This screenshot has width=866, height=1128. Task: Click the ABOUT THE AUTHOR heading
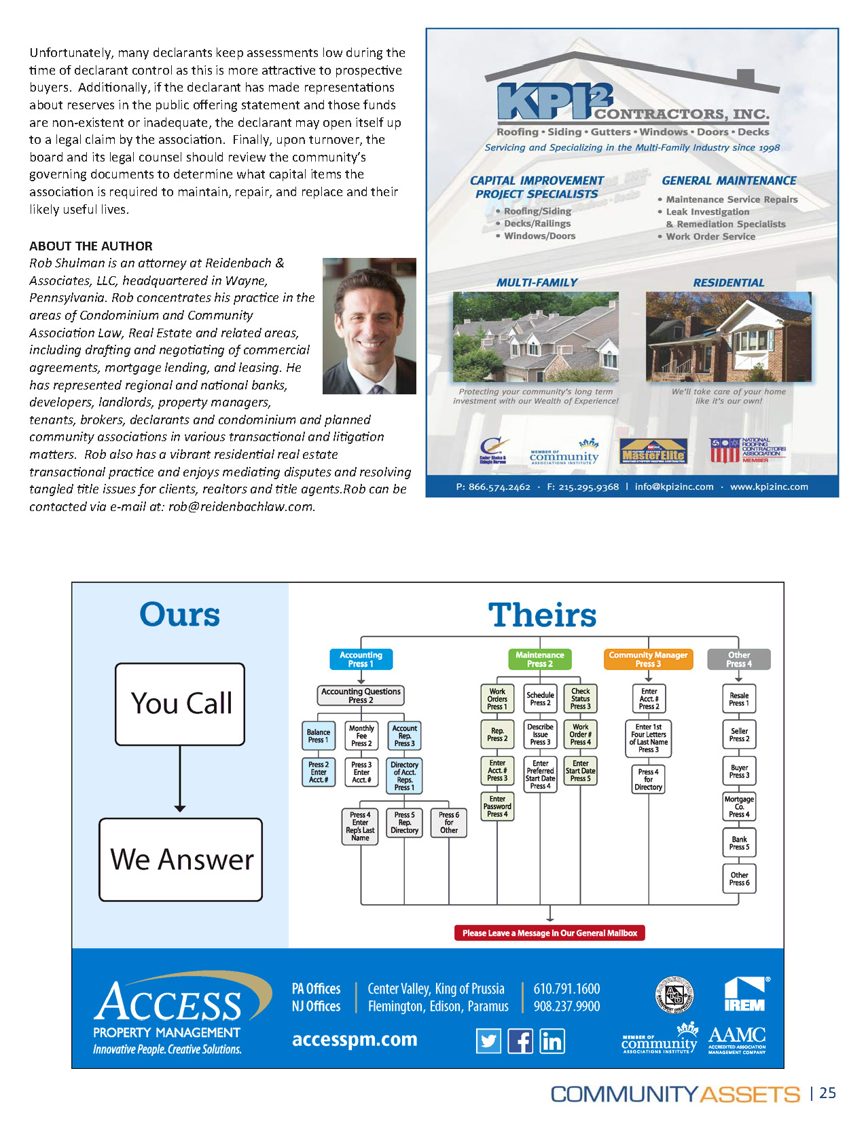pos(91,246)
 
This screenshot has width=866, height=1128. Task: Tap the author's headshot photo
pos(369,326)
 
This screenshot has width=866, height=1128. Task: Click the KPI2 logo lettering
pos(554,102)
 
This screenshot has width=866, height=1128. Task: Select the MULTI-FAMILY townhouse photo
pos(535,337)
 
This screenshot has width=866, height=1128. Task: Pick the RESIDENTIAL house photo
pos(728,337)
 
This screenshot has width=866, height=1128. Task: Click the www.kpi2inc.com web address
pos(769,487)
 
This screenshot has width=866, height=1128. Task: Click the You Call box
pos(180,704)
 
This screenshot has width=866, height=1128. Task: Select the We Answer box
pos(181,859)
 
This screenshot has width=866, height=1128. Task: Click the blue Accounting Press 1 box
pos(361,659)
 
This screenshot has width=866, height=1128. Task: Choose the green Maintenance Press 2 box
pos(539,659)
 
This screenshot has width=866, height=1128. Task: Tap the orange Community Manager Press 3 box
pos(648,659)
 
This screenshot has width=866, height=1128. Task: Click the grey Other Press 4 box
pos(739,659)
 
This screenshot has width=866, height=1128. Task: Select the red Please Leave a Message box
pos(549,933)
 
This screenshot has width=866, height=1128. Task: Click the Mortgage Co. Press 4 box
pos(739,806)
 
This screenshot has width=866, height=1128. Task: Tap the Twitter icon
pos(488,1040)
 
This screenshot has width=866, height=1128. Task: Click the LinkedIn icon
pos(552,1040)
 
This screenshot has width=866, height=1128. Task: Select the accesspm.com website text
pos(355,1039)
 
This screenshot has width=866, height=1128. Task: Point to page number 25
pos(827,1093)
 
